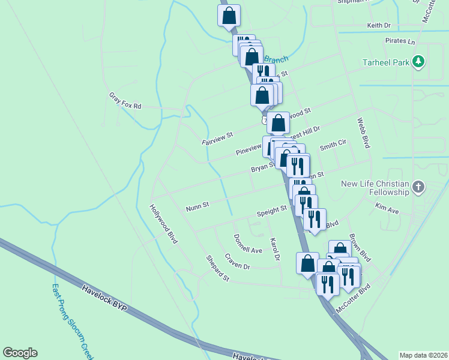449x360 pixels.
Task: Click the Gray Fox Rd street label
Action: (x=125, y=100)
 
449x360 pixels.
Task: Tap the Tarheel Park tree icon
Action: (x=419, y=62)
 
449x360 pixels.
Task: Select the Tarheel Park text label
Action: (x=385, y=62)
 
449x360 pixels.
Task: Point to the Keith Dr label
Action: (x=379, y=26)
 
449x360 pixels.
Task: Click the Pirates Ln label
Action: (x=400, y=42)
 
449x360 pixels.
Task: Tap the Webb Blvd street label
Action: (x=363, y=133)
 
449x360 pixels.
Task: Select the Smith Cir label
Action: (x=333, y=146)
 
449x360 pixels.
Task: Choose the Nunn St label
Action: (x=197, y=206)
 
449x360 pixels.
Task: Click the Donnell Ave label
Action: (x=248, y=243)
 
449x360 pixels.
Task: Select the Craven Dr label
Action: (x=237, y=261)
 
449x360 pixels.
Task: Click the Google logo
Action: (x=20, y=353)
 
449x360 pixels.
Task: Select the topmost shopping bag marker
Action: (x=229, y=16)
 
